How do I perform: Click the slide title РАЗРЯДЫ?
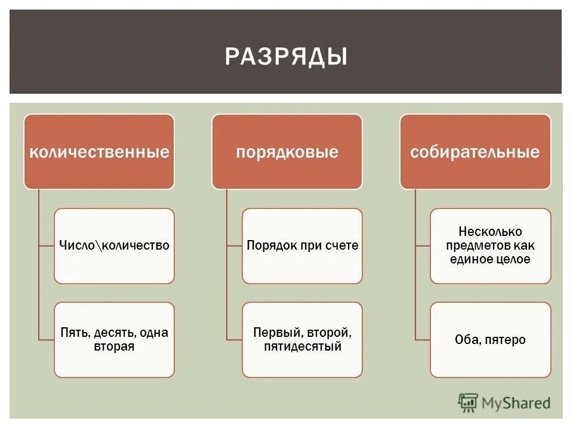286,57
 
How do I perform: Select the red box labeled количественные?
99,152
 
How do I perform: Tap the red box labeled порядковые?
287,152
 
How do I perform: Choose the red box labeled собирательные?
475,152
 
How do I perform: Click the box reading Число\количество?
114,245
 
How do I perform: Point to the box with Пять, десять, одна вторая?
114,339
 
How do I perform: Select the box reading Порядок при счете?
302,245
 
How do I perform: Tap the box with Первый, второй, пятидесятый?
302,339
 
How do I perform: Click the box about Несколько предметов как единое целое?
490,245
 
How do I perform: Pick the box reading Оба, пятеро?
490,339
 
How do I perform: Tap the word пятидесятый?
302,346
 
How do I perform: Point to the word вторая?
114,346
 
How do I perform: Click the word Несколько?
490,231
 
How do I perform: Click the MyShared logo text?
516,403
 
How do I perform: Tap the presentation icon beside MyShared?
469,403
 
